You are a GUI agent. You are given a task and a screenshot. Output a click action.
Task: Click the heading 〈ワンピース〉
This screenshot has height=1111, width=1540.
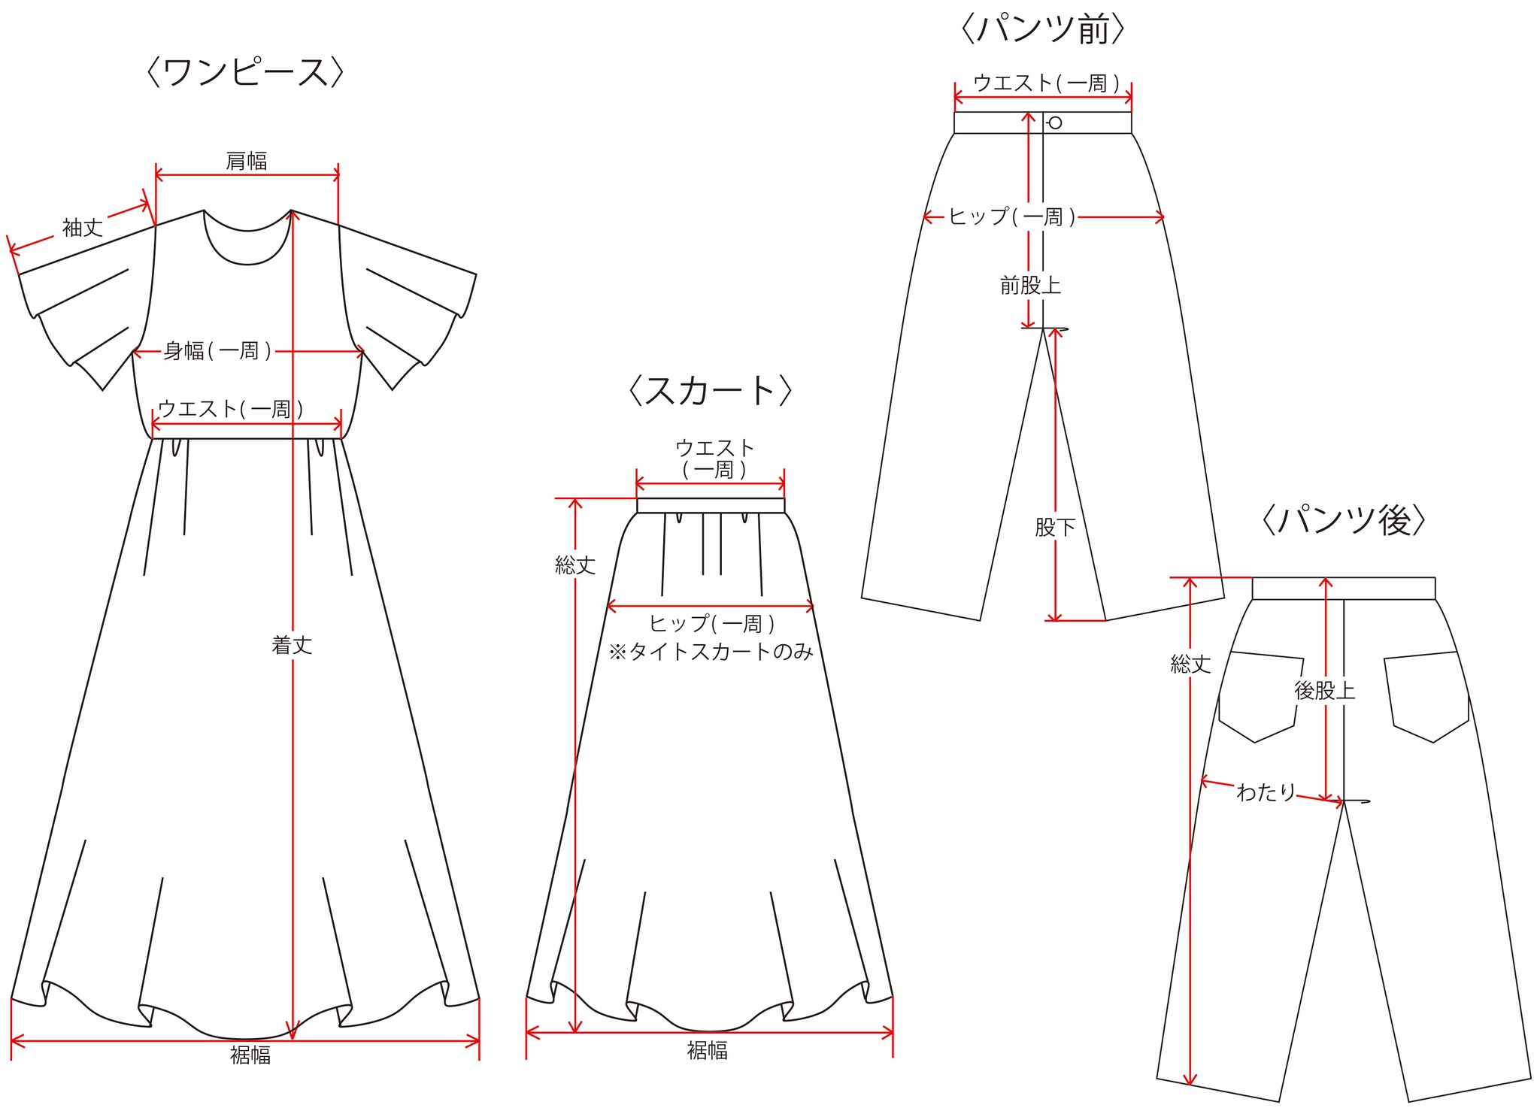[x=245, y=73]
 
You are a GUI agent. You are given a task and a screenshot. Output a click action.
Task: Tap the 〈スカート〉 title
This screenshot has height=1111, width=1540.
[x=710, y=390]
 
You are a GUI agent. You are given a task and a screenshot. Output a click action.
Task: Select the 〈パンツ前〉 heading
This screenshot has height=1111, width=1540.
[x=1043, y=29]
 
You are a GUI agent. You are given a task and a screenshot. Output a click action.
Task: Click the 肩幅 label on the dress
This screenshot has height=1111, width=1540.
[x=247, y=161]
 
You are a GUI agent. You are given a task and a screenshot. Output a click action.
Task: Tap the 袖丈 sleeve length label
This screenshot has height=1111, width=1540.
[x=83, y=228]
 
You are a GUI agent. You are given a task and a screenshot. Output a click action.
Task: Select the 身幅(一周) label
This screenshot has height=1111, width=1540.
[x=217, y=351]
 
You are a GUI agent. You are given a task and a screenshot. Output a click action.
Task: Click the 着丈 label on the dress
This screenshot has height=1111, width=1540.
[x=292, y=645]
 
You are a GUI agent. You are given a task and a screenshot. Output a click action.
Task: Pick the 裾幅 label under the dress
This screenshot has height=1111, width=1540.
[x=250, y=1055]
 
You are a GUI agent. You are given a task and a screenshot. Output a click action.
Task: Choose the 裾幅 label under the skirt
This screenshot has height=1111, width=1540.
[x=708, y=1051]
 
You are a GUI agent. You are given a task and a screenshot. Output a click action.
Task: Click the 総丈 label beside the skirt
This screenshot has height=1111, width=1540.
[x=575, y=565]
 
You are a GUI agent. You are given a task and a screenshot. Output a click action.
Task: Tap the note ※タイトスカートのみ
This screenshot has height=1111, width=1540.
[x=711, y=652]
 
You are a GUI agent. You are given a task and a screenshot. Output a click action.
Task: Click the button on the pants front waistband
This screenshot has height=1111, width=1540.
[x=1055, y=123]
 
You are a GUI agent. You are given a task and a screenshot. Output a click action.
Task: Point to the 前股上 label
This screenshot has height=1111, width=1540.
[x=1030, y=286]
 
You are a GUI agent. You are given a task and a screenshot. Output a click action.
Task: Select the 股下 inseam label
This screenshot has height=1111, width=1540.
[x=1055, y=527]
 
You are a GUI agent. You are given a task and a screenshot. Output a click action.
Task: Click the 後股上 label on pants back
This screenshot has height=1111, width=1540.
[x=1325, y=691]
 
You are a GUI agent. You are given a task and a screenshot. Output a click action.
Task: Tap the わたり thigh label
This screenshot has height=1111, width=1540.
[x=1266, y=792]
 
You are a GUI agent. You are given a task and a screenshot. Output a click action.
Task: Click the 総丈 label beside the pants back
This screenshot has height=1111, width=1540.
[x=1191, y=664]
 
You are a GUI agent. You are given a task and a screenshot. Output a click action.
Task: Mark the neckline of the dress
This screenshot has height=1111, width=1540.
[x=247, y=262]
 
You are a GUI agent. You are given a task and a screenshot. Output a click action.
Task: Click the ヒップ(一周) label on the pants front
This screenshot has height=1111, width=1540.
[x=1012, y=217]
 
